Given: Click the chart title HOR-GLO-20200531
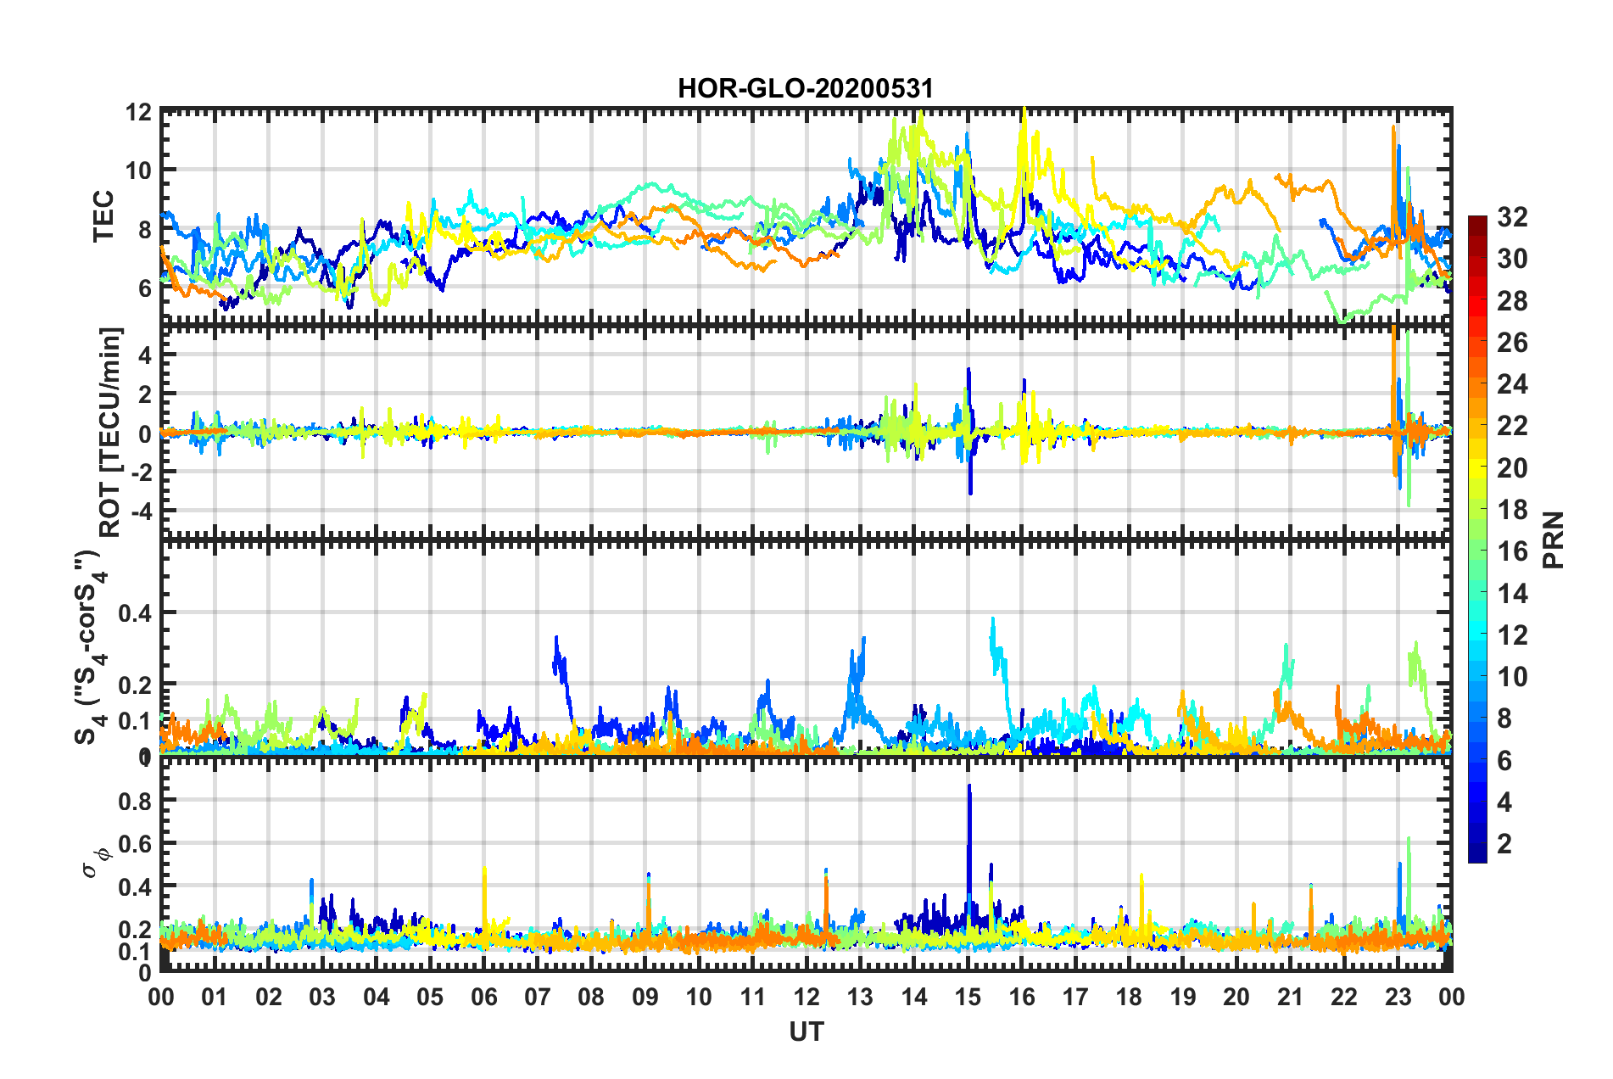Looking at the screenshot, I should pyautogui.click(x=805, y=88).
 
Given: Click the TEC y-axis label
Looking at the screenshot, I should pyautogui.click(x=103, y=216).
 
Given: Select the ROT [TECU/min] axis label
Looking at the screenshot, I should pyautogui.click(x=110, y=432).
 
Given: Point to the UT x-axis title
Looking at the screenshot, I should pyautogui.click(x=806, y=1031).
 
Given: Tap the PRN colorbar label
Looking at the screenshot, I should pyautogui.click(x=1553, y=539).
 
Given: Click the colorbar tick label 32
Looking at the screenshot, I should pyautogui.click(x=1512, y=217).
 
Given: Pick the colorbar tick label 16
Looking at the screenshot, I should pyautogui.click(x=1512, y=551).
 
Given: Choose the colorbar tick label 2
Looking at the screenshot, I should pyautogui.click(x=1505, y=843).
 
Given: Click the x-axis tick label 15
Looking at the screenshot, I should pyautogui.click(x=968, y=997).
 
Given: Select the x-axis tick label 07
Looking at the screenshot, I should pyautogui.click(x=538, y=997).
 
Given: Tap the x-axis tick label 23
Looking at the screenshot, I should pyautogui.click(x=1398, y=997).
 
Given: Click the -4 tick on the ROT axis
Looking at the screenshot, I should pyautogui.click(x=139, y=512).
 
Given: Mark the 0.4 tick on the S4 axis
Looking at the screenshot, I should pyautogui.click(x=135, y=612).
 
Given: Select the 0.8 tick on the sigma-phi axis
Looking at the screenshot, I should pyautogui.click(x=135, y=801).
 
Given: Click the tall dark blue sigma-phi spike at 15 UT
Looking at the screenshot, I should pyautogui.click(x=969, y=789).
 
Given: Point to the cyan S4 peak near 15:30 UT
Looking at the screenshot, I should pyautogui.click(x=993, y=622).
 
